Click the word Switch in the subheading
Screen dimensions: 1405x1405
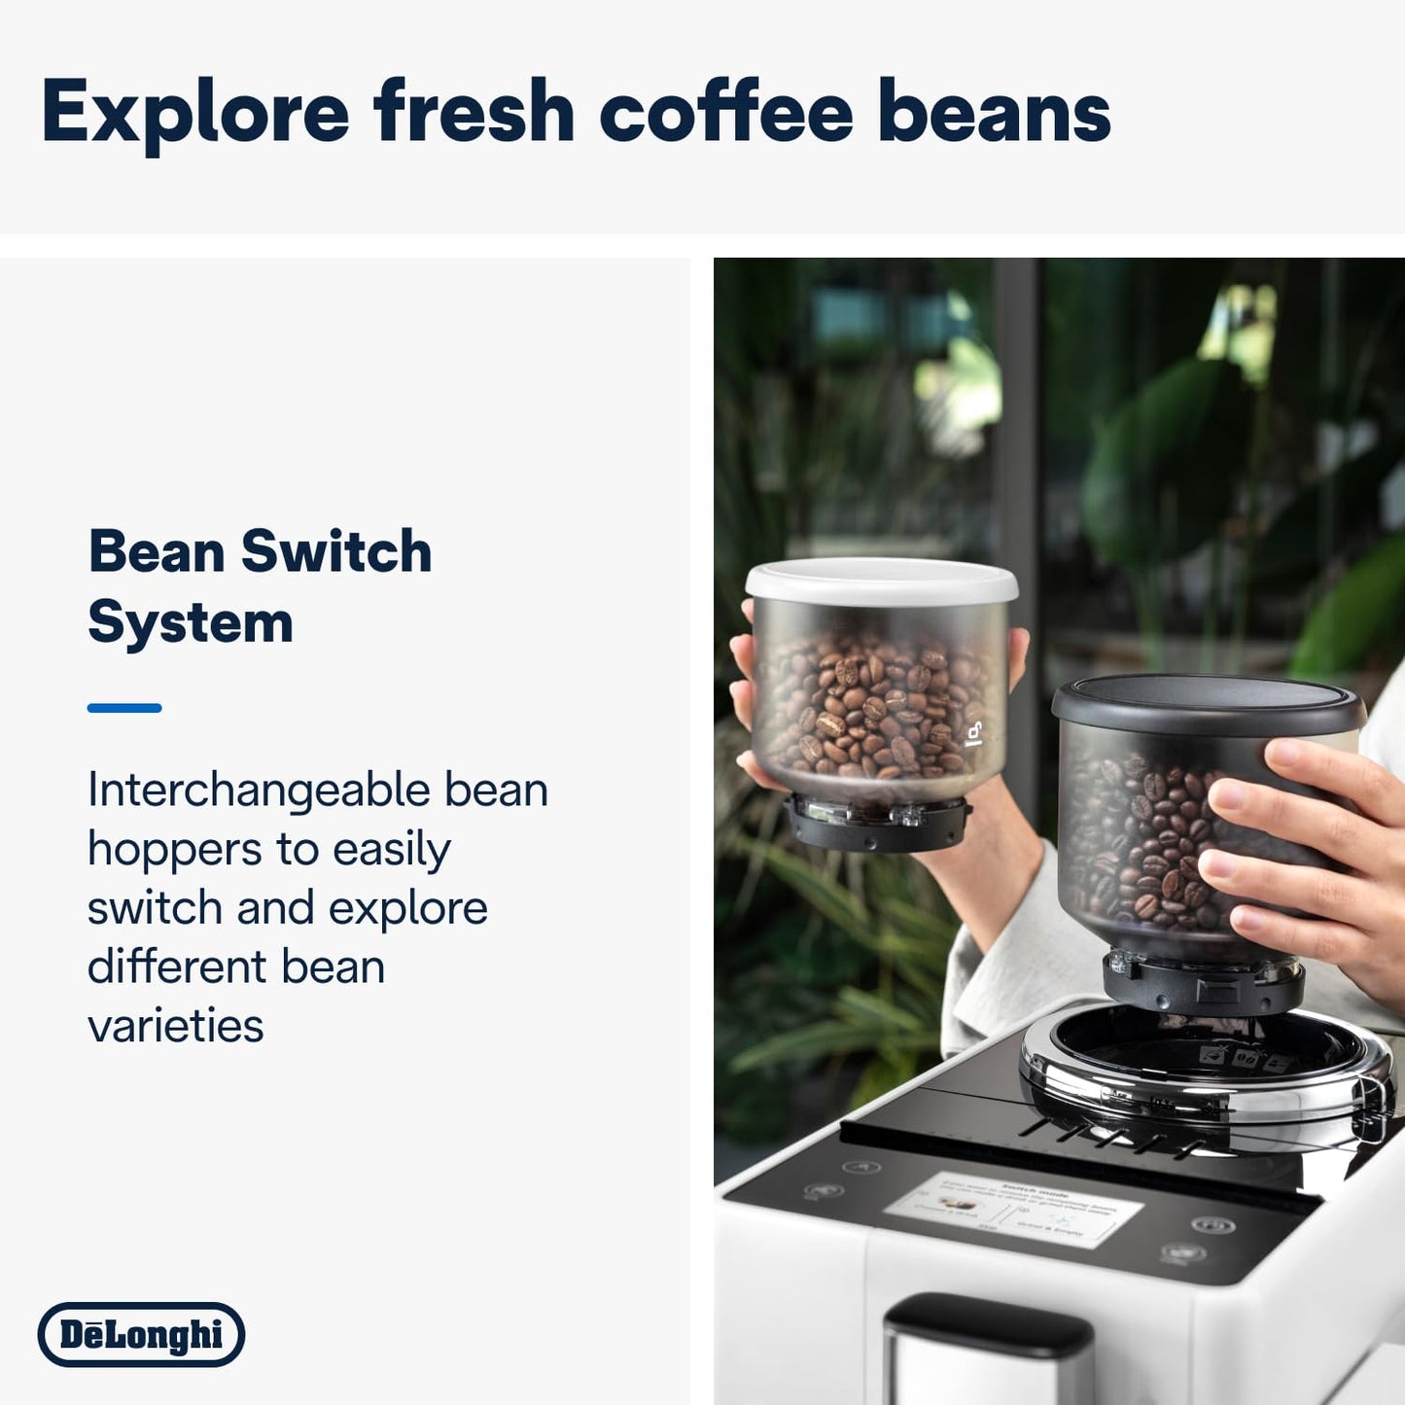[x=335, y=552]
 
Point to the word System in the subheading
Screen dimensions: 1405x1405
[x=191, y=622]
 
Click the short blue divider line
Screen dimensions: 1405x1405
[x=124, y=708]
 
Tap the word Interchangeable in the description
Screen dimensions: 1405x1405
[x=257, y=790]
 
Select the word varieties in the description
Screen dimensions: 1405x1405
[x=175, y=1026]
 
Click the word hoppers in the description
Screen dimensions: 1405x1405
[x=175, y=850]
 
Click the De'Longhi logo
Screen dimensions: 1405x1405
[x=141, y=1334]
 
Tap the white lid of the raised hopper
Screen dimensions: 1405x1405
[x=881, y=580]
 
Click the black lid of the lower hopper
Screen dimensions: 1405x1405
[x=1206, y=703]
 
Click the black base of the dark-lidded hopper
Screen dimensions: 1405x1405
[x=1202, y=985]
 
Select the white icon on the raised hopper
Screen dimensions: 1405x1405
[x=973, y=733]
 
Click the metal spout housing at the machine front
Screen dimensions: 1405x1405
[x=987, y=1352]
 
